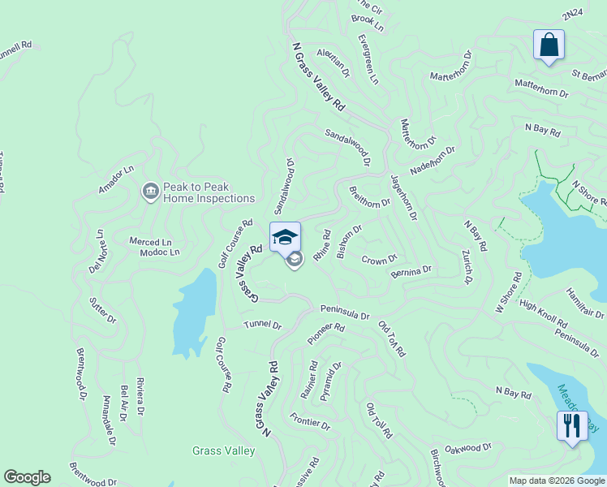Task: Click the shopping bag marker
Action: [x=549, y=45]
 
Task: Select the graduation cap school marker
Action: [x=285, y=237]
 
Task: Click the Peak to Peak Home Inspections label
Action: [x=209, y=192]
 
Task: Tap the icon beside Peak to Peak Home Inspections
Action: [x=150, y=192]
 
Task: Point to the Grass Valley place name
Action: [x=224, y=450]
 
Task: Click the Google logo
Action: [x=27, y=477]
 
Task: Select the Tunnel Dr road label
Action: [x=262, y=325]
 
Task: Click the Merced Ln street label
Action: [x=151, y=242]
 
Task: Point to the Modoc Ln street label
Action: [x=159, y=252]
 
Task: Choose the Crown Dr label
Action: [x=378, y=261]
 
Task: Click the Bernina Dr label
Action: [x=411, y=271]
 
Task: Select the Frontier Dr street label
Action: [x=310, y=423]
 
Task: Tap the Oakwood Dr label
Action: [x=469, y=447]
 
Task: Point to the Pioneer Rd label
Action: [x=326, y=334]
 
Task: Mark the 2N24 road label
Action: [x=573, y=15]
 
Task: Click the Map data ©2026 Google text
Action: [x=557, y=481]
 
